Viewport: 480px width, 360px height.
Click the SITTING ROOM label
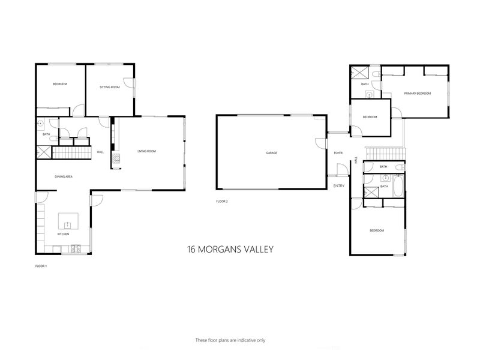(110, 88)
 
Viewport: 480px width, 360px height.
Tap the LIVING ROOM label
(146, 151)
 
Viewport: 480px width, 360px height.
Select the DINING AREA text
(64, 176)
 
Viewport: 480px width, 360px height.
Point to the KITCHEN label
(64, 234)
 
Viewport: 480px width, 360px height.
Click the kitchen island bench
(67, 222)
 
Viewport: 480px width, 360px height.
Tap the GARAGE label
(272, 153)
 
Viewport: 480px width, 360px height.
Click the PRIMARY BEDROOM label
(418, 94)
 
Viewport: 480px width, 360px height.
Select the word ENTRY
(339, 186)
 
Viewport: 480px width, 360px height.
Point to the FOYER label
(338, 153)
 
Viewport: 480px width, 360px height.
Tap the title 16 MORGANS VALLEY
(231, 248)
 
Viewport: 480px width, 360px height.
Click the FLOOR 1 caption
(41, 265)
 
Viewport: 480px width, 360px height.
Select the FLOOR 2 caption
(222, 202)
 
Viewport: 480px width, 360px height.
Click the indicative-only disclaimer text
(231, 340)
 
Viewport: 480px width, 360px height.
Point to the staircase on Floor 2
(386, 154)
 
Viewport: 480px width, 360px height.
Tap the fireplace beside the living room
(117, 160)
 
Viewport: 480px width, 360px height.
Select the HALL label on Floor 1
(101, 152)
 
